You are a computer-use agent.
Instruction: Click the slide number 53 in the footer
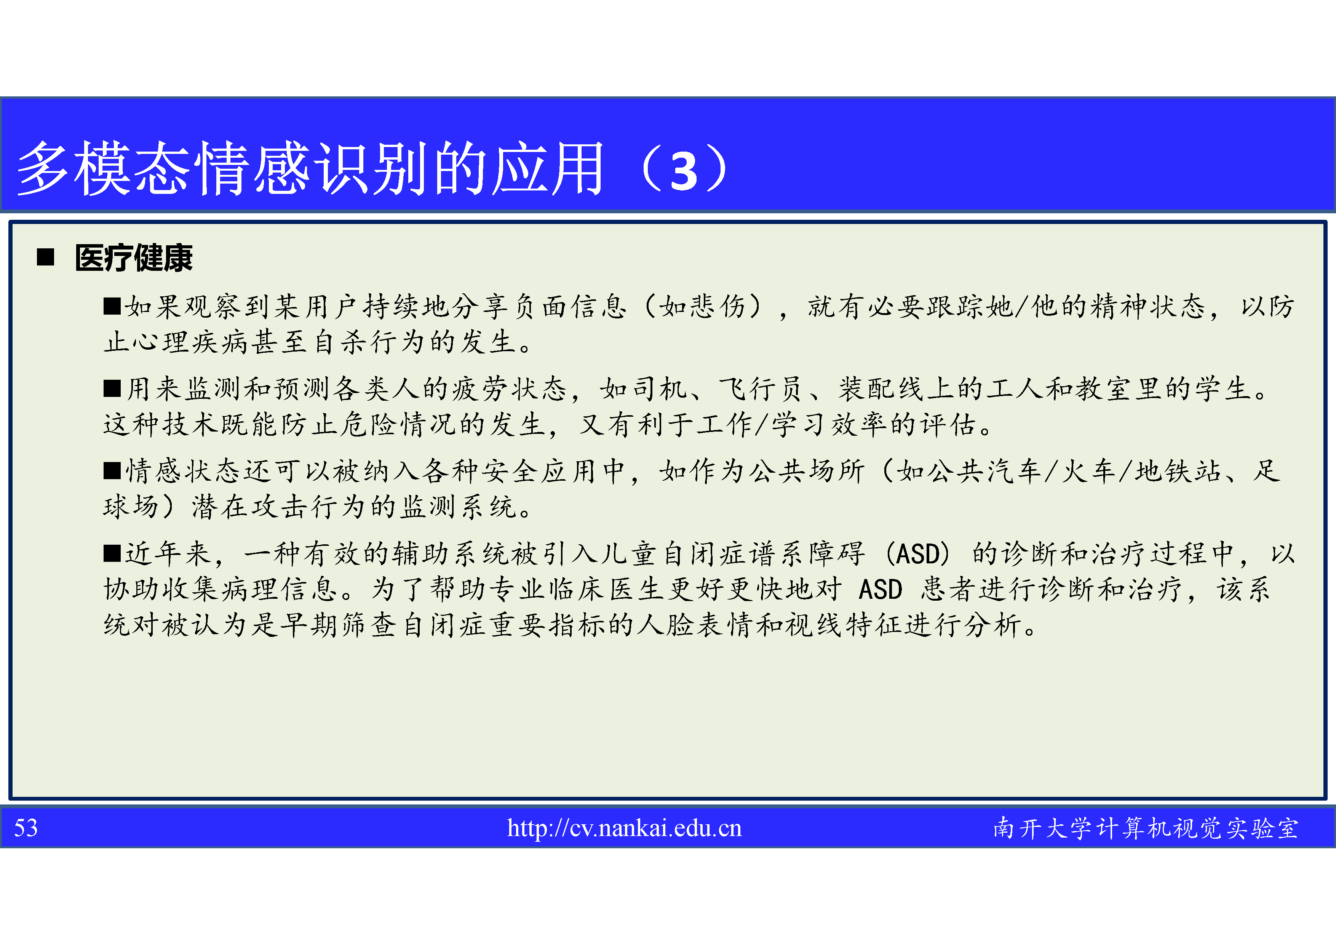26,828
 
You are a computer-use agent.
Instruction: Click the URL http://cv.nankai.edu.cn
624,828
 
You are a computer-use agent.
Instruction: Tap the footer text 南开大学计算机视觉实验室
1146,828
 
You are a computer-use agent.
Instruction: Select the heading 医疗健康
134,258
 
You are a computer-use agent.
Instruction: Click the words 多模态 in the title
104,168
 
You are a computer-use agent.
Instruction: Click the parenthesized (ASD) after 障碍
917,553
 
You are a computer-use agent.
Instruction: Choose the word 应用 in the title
548,168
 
